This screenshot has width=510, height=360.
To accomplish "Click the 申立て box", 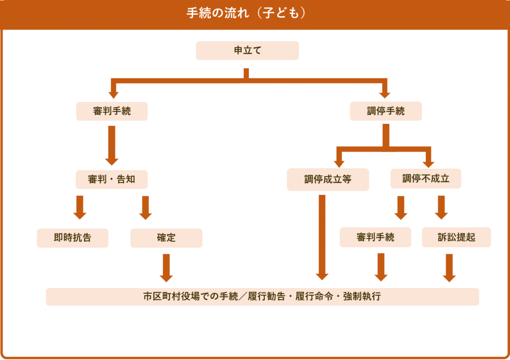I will tap(247, 50).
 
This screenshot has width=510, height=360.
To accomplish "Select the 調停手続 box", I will tap(386, 111).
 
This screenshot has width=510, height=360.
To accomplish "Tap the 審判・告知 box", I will tap(112, 179).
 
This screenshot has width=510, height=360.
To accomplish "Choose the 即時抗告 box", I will tap(72, 238).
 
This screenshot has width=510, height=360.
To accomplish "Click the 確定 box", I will tap(166, 238).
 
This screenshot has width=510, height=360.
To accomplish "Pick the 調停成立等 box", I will tap(328, 179).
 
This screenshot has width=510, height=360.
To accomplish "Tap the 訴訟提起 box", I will tap(456, 237).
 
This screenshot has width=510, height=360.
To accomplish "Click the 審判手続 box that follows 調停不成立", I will tap(375, 237).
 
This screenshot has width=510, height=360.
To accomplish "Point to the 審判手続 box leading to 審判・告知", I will tap(112, 111).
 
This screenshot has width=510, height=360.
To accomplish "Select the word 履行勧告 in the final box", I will tap(264, 296).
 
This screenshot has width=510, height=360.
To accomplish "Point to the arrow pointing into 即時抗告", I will tap(80, 207).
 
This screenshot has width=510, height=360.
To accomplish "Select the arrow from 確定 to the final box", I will tap(166, 267).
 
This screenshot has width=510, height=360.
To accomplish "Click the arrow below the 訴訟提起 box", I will tap(449, 267).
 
